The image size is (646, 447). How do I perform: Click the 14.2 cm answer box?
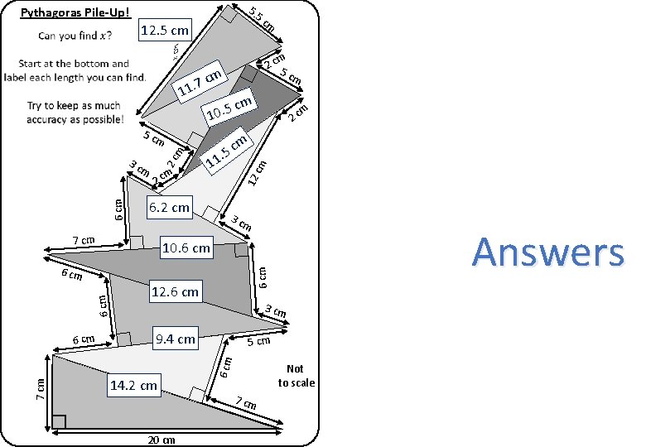pyautogui.click(x=133, y=385)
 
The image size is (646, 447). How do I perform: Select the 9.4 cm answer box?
pyautogui.click(x=176, y=338)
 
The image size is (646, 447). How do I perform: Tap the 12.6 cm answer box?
pyautogui.click(x=175, y=291)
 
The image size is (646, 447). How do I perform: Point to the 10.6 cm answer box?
pyautogui.click(x=186, y=248)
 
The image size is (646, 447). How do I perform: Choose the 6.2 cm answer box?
pyautogui.click(x=168, y=207)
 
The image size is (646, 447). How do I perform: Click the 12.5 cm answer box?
pyautogui.click(x=166, y=31)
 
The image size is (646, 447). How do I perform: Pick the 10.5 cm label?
pyautogui.click(x=229, y=109)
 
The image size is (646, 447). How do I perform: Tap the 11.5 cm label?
pyautogui.click(x=228, y=150)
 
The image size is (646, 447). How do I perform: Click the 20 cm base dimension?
pyautogui.click(x=162, y=440)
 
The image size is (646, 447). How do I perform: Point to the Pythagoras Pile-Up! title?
pyautogui.click(x=75, y=12)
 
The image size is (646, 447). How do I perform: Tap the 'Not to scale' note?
pyautogui.click(x=296, y=375)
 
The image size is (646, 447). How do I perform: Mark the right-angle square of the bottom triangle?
pyautogui.click(x=59, y=421)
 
